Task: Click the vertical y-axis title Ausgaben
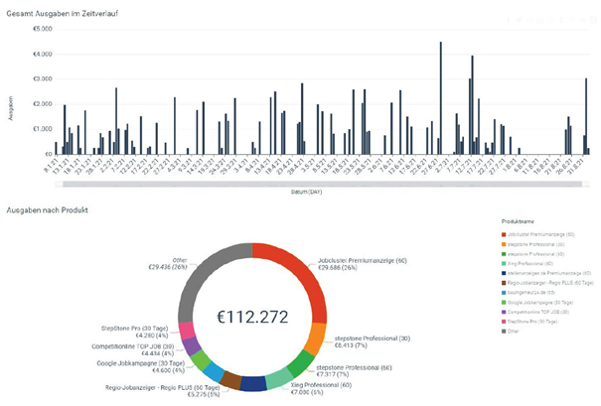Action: pos(10,106)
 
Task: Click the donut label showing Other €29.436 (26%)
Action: pos(165,262)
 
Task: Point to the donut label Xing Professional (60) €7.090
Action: pos(315,394)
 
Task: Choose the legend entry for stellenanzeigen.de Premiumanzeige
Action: pos(541,271)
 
